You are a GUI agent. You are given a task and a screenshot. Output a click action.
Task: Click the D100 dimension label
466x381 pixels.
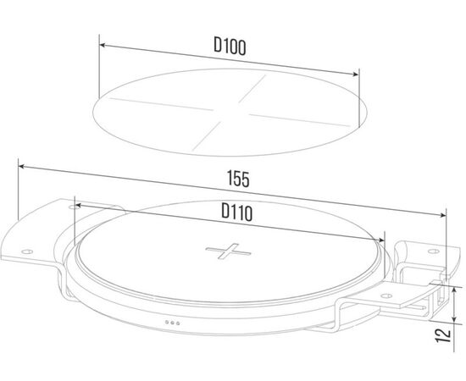point(230,47)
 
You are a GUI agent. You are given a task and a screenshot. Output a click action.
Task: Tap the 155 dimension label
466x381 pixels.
point(238,179)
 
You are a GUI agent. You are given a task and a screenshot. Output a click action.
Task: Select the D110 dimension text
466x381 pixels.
point(237,212)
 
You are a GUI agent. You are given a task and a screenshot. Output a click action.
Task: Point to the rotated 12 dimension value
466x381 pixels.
point(443,335)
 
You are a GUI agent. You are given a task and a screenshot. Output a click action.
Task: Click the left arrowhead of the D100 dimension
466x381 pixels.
point(103,45)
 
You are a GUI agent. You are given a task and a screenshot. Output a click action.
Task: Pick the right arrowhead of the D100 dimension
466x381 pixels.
point(355,74)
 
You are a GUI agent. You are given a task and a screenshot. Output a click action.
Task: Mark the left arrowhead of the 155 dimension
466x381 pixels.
point(22,167)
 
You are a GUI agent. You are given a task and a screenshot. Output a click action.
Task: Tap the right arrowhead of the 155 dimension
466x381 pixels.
point(442,215)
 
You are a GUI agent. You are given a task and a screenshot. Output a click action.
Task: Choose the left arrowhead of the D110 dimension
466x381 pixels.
point(78,205)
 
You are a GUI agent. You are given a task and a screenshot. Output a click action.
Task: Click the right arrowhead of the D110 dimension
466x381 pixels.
point(381,240)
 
